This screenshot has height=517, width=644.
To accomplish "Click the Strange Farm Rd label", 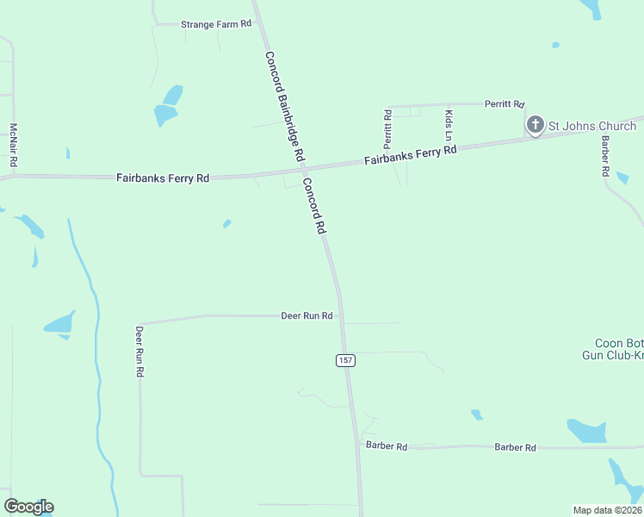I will click(x=215, y=24).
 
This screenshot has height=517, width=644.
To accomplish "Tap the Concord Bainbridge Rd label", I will click(x=284, y=107).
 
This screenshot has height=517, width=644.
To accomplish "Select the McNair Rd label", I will click(x=14, y=146).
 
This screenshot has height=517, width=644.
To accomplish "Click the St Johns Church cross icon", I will click(x=535, y=126).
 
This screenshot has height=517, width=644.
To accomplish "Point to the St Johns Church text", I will click(x=592, y=126).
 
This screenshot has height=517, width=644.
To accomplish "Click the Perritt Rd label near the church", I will click(x=504, y=103).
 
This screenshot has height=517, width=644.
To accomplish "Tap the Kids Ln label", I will click(x=449, y=125).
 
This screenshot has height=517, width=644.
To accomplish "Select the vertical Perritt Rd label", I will click(x=388, y=127).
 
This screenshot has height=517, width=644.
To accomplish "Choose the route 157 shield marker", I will click(x=345, y=360).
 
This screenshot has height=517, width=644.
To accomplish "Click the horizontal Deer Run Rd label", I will click(x=307, y=316).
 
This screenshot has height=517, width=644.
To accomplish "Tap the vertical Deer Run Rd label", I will click(x=139, y=352).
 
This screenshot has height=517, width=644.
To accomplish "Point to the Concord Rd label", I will click(x=313, y=207).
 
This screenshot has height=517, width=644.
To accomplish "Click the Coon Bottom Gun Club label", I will click(x=614, y=349).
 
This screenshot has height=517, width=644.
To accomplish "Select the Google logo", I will click(x=28, y=507).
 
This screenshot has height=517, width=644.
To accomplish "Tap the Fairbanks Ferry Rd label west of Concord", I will click(x=163, y=178).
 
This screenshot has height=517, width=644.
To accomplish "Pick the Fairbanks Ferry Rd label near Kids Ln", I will click(x=410, y=156).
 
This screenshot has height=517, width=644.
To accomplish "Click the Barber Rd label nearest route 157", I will click(x=386, y=445).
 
